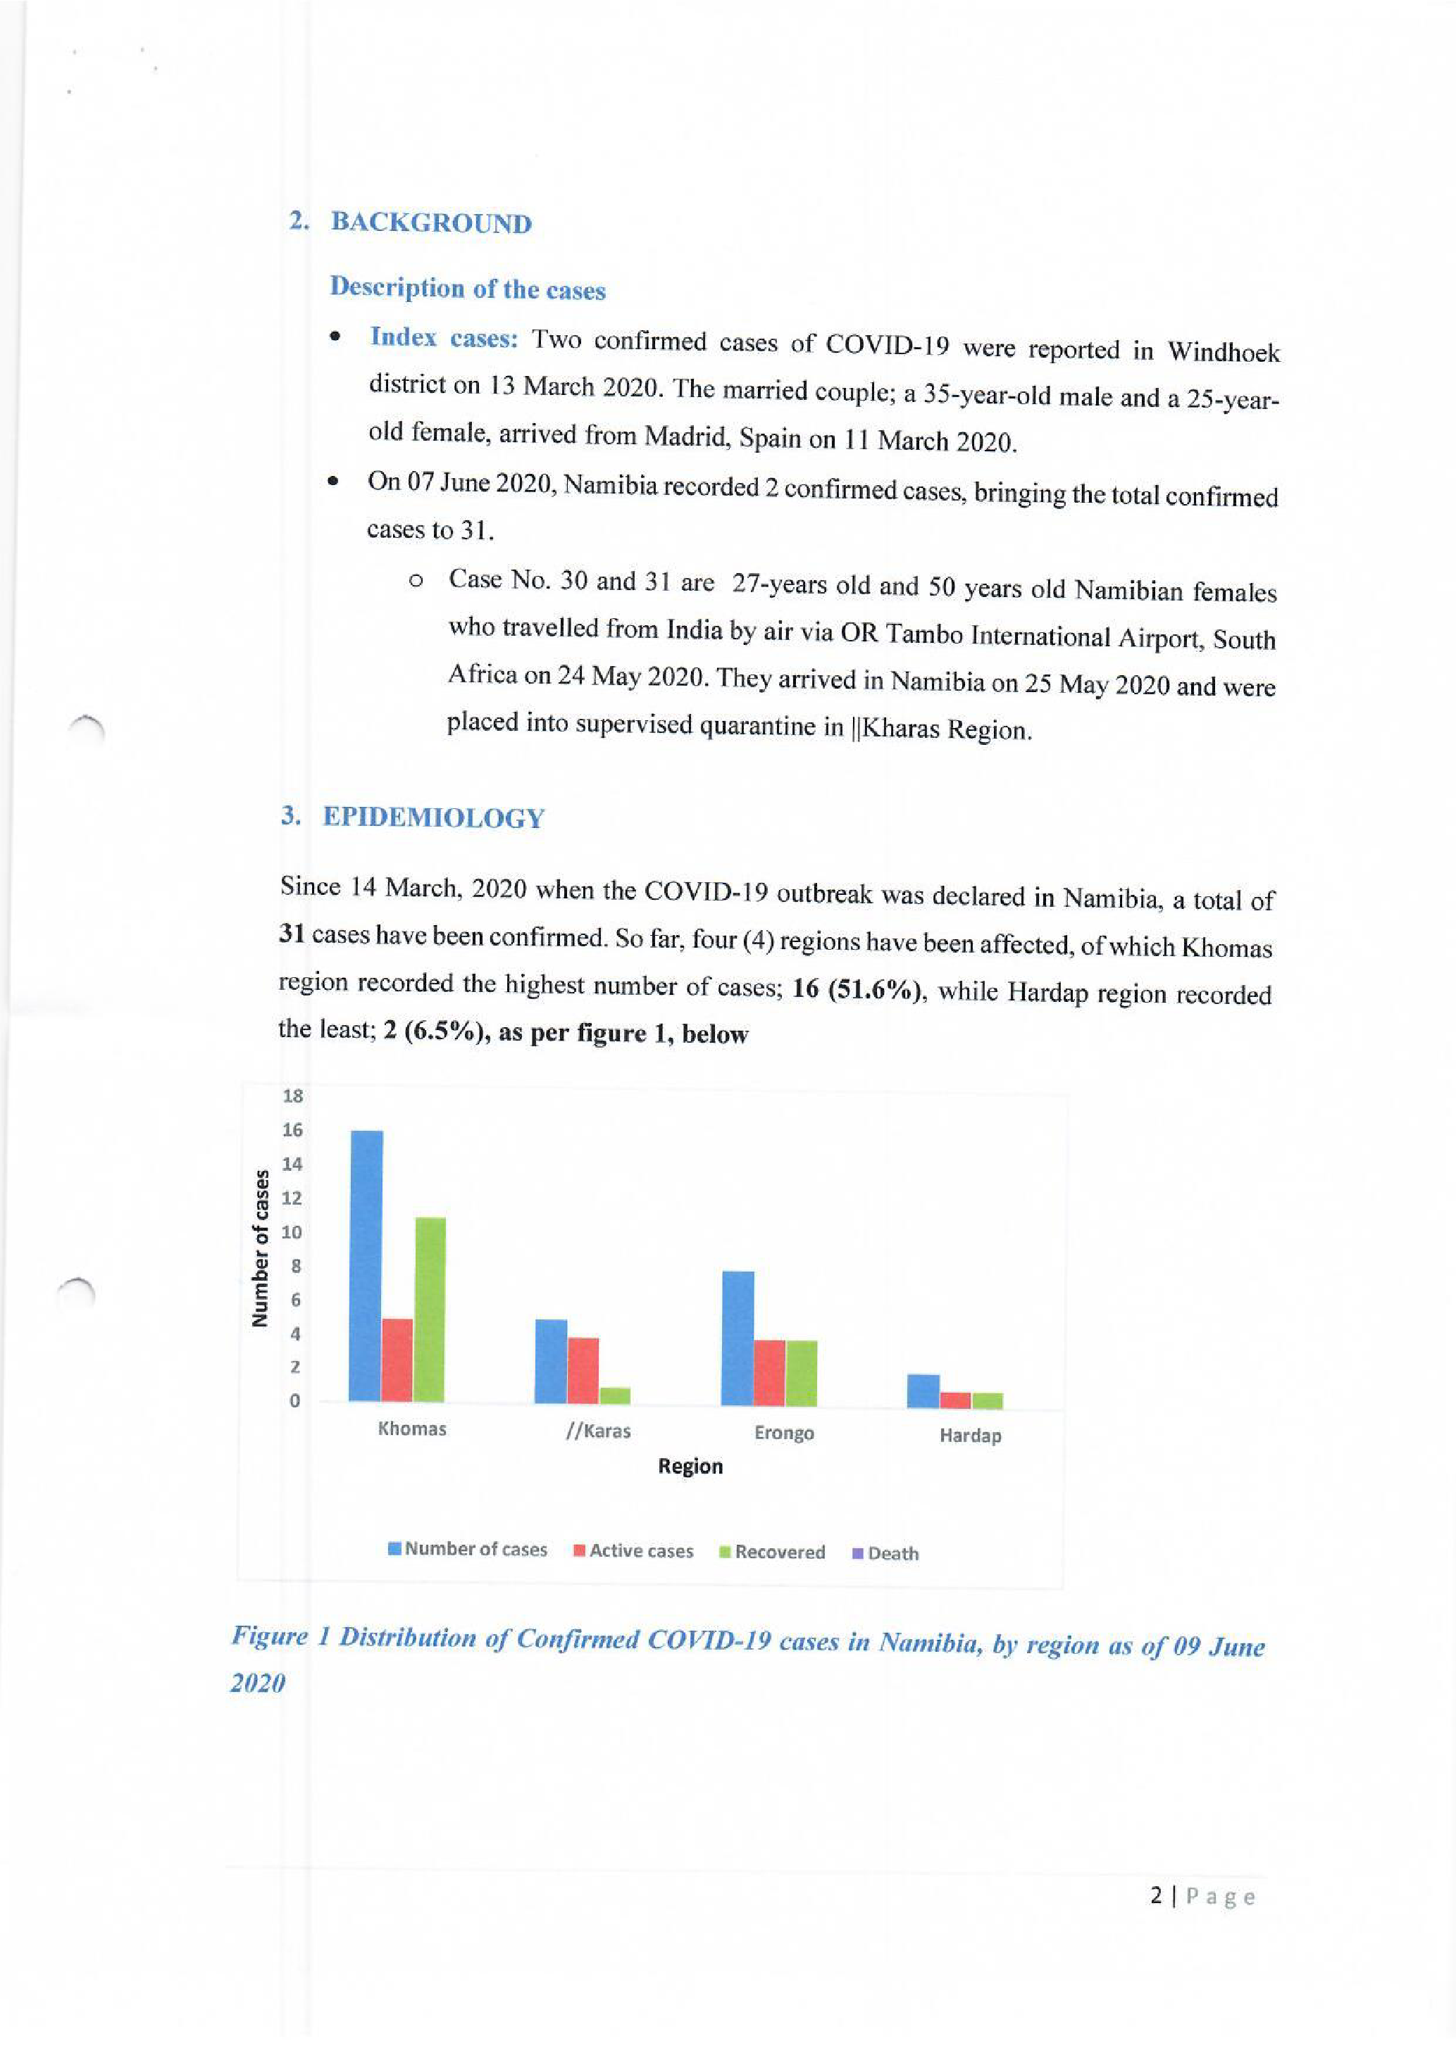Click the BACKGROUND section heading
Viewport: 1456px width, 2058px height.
pyautogui.click(x=430, y=223)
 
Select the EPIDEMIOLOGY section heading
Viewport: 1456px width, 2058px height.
pyautogui.click(x=433, y=817)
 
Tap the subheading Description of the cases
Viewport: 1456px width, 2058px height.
pyautogui.click(x=467, y=289)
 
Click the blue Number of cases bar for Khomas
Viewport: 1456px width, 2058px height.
pyautogui.click(x=366, y=1266)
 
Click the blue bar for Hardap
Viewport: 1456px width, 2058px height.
pyautogui.click(x=923, y=1391)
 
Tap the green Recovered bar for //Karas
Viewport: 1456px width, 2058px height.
pyautogui.click(x=615, y=1395)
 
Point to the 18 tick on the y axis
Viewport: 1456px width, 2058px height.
pyautogui.click(x=293, y=1096)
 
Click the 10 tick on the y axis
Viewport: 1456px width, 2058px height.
pyautogui.click(x=292, y=1231)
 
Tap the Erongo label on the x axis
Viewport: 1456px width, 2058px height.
pyautogui.click(x=783, y=1432)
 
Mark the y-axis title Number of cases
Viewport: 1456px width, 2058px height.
pyautogui.click(x=260, y=1248)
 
